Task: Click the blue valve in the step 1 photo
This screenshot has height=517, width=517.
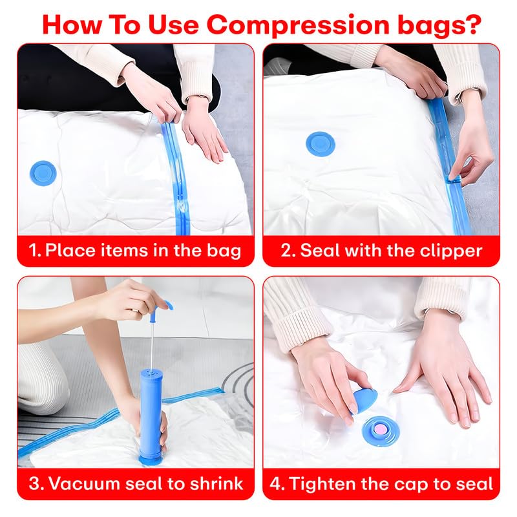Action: coord(43,173)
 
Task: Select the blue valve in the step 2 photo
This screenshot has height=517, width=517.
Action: coord(320,144)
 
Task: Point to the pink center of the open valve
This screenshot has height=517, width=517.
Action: coord(380,429)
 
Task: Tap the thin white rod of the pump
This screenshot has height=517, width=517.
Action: coord(153,346)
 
